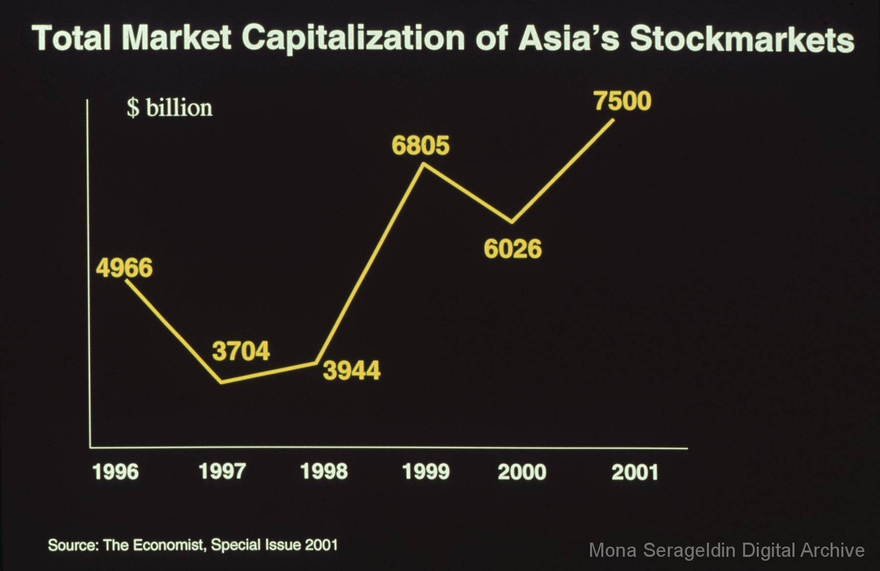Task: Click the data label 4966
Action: [124, 268]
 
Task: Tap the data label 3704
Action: [241, 351]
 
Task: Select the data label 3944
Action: [352, 371]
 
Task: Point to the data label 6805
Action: [420, 145]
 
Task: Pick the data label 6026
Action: [513, 248]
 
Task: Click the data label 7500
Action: [622, 101]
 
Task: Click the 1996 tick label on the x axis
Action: [115, 472]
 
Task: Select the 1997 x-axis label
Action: [222, 471]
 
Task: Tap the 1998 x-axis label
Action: [324, 471]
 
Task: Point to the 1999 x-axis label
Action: [425, 472]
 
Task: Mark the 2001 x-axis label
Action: [635, 472]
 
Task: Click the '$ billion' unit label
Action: [170, 108]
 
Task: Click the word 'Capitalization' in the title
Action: [353, 38]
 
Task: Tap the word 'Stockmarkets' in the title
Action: [742, 39]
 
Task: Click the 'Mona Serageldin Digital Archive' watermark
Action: [726, 550]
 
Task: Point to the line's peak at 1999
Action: [423, 164]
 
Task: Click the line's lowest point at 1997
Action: [222, 382]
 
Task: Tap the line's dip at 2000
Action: [512, 222]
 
